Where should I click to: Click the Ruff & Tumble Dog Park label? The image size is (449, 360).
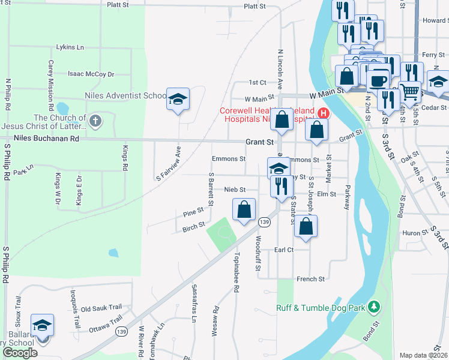[x=321, y=308]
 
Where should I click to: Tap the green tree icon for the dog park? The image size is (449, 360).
[x=374, y=307]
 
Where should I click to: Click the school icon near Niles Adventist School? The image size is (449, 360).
[x=178, y=98]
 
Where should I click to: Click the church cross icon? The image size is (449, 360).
[x=94, y=122]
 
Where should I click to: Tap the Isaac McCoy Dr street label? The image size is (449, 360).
[x=91, y=74]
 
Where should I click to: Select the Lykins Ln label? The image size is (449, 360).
[x=70, y=47]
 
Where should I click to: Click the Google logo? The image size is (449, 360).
[x=20, y=353]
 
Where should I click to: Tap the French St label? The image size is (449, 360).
[x=310, y=279]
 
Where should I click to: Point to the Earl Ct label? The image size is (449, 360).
[x=283, y=250]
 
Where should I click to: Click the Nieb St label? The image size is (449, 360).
[x=235, y=190]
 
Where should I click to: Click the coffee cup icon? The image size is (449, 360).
[x=378, y=80]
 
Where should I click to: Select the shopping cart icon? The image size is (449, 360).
[x=410, y=92]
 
